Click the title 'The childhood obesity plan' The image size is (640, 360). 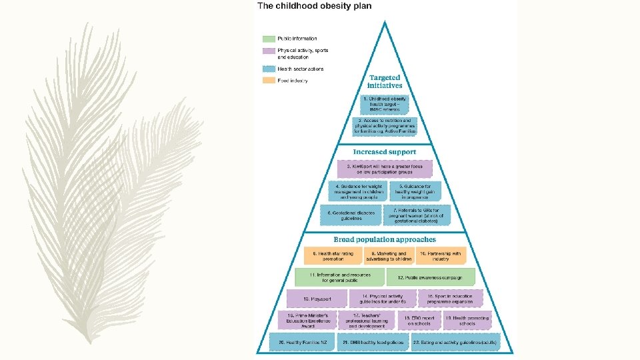314,6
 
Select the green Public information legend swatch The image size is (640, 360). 269,39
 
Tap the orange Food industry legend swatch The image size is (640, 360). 269,81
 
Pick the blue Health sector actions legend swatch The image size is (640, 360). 269,69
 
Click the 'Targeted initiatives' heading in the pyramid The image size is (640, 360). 385,82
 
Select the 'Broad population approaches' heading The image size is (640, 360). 385,239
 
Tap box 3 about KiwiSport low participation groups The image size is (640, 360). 385,169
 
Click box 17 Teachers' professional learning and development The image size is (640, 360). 367,320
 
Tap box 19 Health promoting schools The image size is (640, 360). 467,320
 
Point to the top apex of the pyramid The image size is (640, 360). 385,21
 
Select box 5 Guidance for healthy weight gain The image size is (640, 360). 414,192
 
